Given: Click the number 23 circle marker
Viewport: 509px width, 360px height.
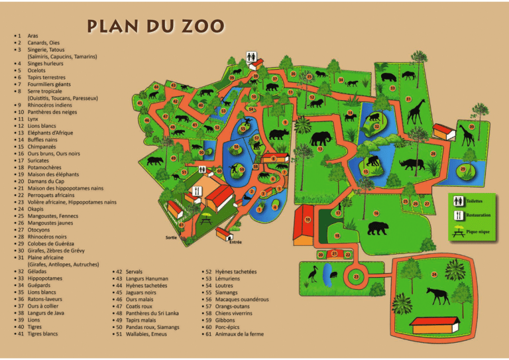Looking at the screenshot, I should [x=357, y=276].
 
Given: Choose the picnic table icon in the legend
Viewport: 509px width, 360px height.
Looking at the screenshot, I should [x=458, y=231].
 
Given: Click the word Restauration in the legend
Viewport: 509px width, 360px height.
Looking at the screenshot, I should [x=478, y=215].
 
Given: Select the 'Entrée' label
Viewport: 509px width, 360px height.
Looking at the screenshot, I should [x=235, y=242].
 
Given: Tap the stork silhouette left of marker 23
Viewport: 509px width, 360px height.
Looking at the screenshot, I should [x=312, y=272].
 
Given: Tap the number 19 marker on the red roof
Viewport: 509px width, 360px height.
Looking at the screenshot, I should [x=308, y=219].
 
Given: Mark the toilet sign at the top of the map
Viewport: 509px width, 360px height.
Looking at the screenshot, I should [x=251, y=57].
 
